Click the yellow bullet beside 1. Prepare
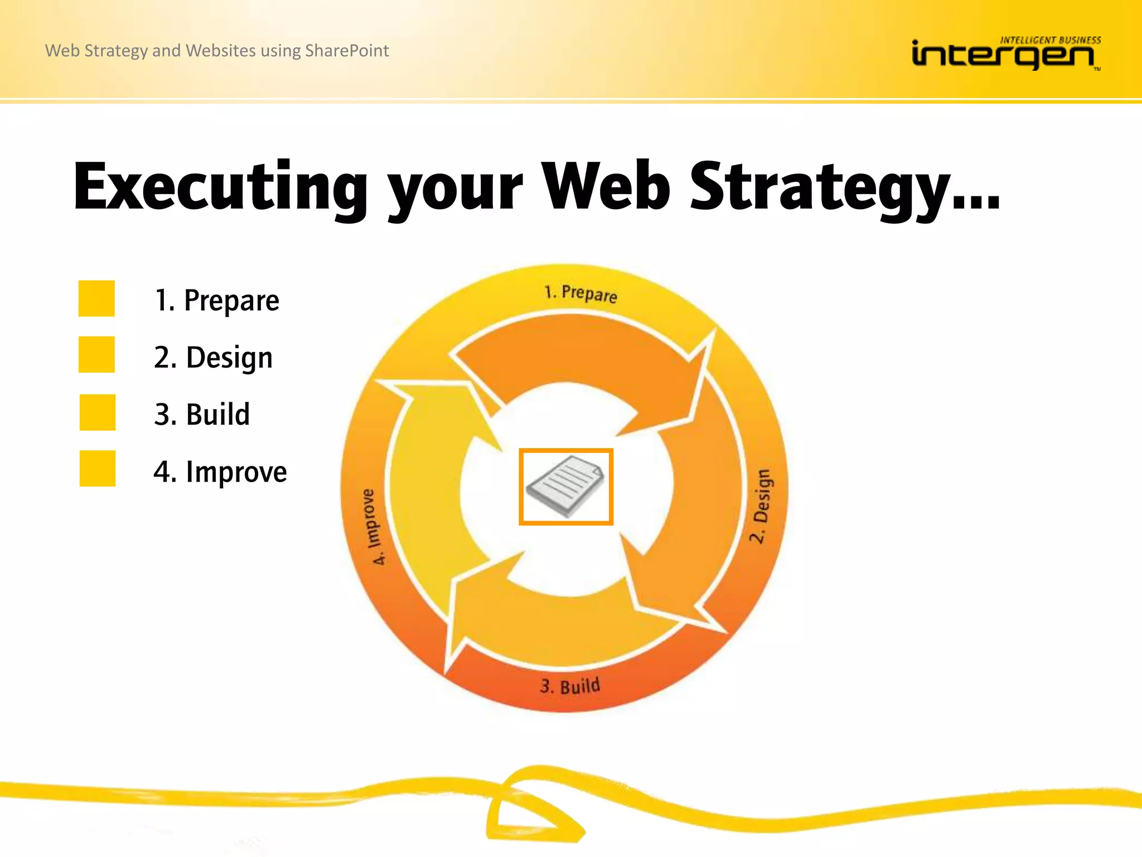pos(96,298)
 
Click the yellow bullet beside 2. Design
pos(96,354)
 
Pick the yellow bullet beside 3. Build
pos(97,412)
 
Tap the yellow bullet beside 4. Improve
pos(97,469)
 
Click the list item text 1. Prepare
pos(216,301)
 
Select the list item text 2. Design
pos(213,358)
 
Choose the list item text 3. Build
pos(202,415)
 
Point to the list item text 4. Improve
pos(220,472)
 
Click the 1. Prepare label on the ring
pos(580,293)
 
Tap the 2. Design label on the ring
pos(761,505)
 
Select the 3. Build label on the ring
pos(570,686)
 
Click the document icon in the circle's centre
pos(566,487)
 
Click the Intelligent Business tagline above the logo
pos(1050,40)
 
